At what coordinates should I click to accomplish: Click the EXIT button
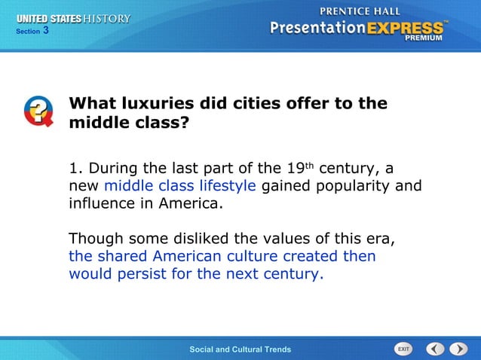pyautogui.click(x=404, y=349)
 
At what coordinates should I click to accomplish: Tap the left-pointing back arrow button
pyautogui.click(x=435, y=349)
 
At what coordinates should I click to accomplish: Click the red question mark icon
pyautogui.click(x=38, y=111)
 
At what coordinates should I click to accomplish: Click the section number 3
pyautogui.click(x=46, y=30)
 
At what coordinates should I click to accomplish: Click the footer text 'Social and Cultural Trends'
pyautogui.click(x=240, y=349)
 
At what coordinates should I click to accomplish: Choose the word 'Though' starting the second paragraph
pyautogui.click(x=97, y=239)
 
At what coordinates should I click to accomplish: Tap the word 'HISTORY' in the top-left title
pyautogui.click(x=106, y=18)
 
